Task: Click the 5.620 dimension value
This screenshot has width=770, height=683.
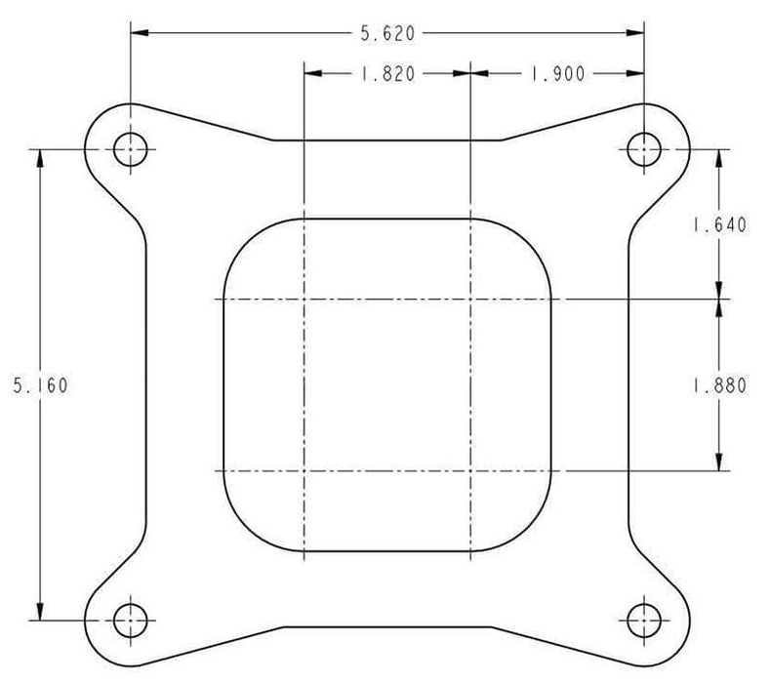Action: pyautogui.click(x=387, y=34)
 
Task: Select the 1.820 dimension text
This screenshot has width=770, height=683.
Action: pyautogui.click(x=387, y=74)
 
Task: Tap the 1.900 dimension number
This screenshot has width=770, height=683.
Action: pyautogui.click(x=556, y=74)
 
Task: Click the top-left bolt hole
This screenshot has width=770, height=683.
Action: pyautogui.click(x=130, y=149)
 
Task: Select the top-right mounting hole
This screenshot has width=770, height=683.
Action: pyautogui.click(x=643, y=149)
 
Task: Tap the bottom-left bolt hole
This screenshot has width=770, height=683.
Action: pyautogui.click(x=130, y=619)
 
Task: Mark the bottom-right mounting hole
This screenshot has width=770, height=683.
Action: pyautogui.click(x=643, y=619)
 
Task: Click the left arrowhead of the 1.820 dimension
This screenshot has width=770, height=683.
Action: pyautogui.click(x=312, y=74)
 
